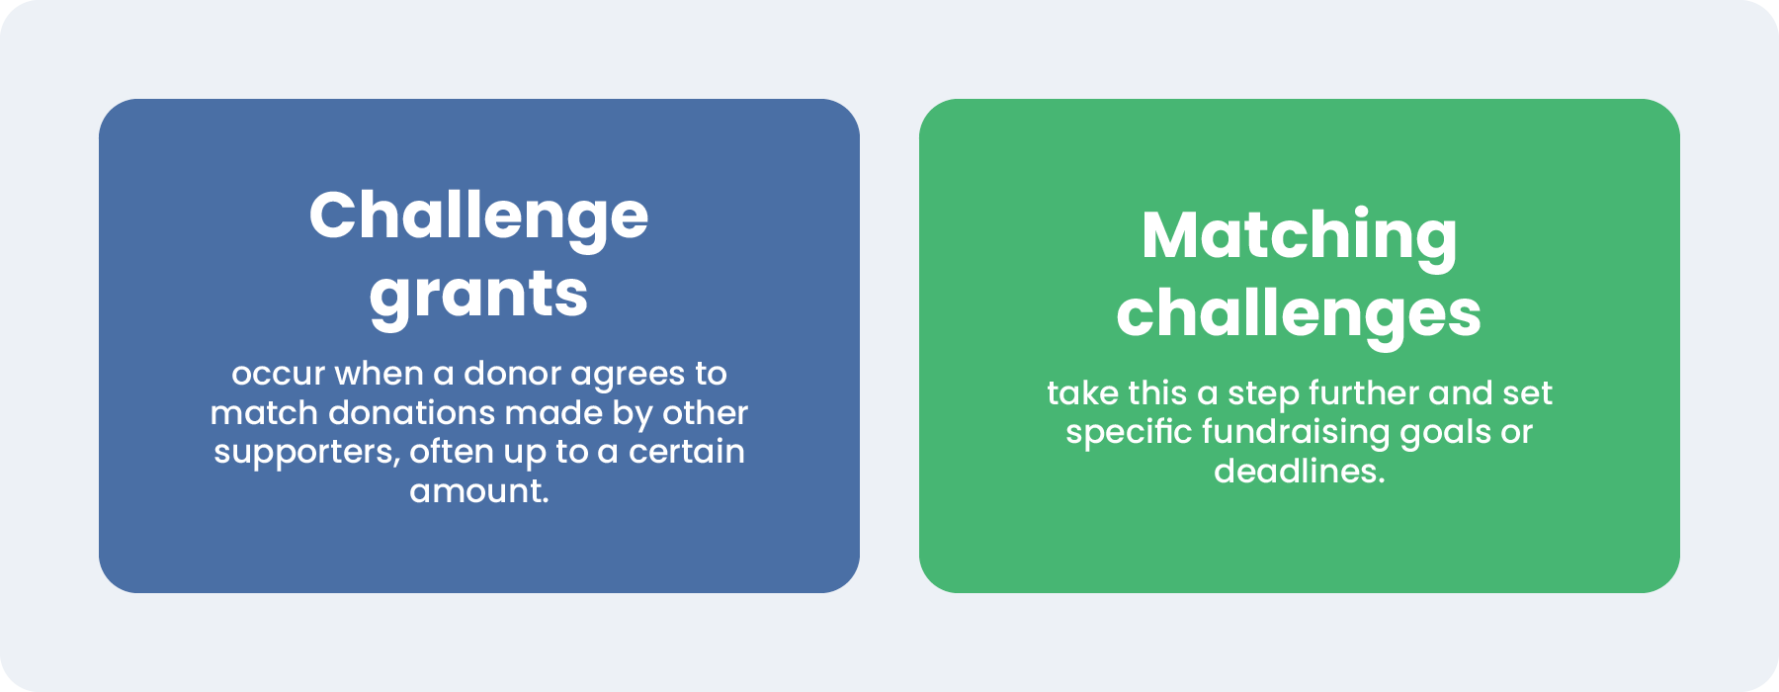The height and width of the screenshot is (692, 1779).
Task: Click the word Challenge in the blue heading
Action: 478,216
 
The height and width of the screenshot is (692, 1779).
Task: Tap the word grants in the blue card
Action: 478,296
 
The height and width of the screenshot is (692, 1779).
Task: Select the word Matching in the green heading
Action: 1299,236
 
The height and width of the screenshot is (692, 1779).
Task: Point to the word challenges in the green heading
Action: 1299,314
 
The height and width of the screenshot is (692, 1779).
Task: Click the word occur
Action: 278,374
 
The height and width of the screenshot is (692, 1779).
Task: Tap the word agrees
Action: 627,376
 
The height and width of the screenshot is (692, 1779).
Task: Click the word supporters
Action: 306,453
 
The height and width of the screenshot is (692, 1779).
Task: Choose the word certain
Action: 687,451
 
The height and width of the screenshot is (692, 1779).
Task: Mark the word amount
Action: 478,490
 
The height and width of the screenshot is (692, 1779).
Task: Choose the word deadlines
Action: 1299,471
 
